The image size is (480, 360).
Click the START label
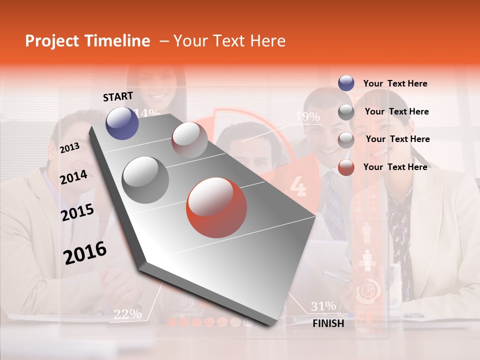coord(118,96)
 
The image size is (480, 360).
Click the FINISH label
coord(328,323)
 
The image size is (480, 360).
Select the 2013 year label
coord(69,147)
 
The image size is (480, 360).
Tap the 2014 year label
coord(73,177)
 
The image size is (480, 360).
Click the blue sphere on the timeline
coord(122,123)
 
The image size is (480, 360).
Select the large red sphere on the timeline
coord(216,207)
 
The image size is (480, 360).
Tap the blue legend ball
coord(346,83)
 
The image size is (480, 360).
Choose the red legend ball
coord(346,167)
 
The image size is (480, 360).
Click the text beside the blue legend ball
coord(395,83)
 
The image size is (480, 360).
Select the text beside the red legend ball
coord(395,167)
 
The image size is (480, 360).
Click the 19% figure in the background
coord(307,116)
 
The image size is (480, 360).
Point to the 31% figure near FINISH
coord(323,306)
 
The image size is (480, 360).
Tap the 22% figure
coord(127,314)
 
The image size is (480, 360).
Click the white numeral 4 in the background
coord(298,186)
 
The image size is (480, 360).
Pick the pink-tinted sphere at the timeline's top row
coord(189,139)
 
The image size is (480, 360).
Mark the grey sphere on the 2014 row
coord(145,179)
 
